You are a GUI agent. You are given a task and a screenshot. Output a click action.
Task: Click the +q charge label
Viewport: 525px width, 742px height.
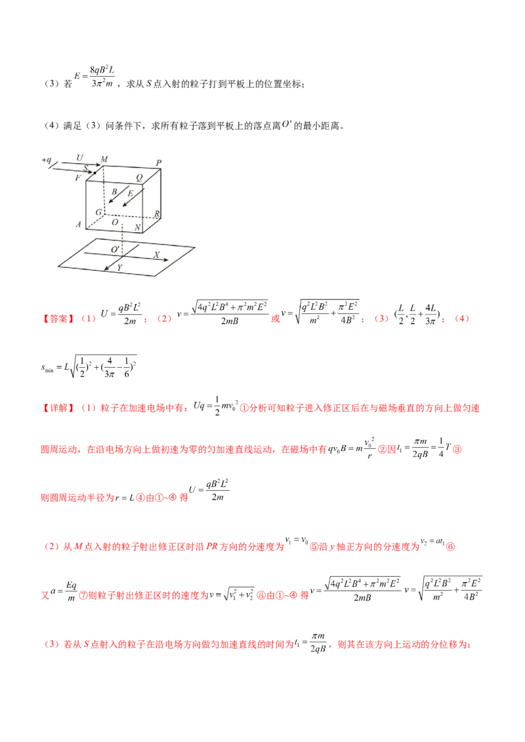pos(47,160)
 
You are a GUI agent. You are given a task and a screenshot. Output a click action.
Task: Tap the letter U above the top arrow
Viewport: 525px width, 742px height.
pos(79,158)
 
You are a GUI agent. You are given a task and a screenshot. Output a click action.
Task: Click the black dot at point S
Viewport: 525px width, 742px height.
pos(95,172)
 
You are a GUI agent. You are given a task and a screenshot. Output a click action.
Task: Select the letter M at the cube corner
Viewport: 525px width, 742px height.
pos(103,159)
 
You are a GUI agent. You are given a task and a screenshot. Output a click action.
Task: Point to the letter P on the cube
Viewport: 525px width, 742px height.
pos(158,163)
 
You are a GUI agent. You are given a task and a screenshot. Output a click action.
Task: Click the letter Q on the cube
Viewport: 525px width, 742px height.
pos(138,176)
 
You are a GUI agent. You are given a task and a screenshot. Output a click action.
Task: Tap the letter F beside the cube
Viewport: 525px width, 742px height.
pos(78,178)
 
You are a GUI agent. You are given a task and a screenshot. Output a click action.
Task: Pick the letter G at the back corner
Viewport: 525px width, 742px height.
pos(98,212)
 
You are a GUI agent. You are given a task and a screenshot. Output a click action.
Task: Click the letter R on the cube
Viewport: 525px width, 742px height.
pos(157,214)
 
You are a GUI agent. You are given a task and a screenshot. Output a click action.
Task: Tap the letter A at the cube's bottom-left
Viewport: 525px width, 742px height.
pos(78,224)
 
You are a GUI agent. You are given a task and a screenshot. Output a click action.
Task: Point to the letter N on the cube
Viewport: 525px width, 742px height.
pos(137,227)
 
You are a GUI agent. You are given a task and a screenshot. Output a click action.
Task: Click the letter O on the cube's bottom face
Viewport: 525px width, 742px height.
pos(115,224)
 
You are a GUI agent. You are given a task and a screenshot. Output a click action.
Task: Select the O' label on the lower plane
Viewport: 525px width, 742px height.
pos(115,250)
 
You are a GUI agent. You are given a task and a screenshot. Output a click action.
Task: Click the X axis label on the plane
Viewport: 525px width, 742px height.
pos(156,254)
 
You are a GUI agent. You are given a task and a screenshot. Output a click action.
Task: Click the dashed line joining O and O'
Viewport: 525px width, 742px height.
pos(123,236)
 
